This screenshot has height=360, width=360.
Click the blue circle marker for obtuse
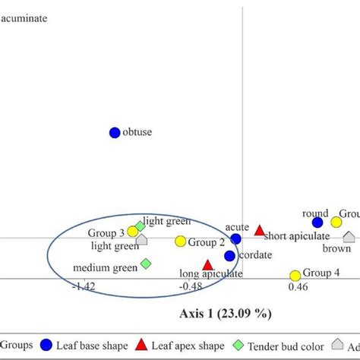(x=115, y=132)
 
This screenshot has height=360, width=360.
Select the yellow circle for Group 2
(x=180, y=242)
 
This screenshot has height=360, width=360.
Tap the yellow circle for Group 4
(x=295, y=276)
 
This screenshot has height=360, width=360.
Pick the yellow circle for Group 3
(x=132, y=231)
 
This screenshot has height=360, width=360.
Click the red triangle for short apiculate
(x=259, y=230)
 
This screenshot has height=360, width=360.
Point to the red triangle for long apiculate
(x=207, y=265)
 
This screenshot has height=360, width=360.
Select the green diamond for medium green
(x=146, y=264)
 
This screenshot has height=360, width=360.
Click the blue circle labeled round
(x=317, y=223)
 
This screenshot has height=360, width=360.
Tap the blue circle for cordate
(x=229, y=256)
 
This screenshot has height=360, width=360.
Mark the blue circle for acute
(x=235, y=238)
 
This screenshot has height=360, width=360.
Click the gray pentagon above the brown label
(x=349, y=237)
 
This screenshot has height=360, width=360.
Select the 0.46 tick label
(x=298, y=287)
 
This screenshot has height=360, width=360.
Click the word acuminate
(x=24, y=17)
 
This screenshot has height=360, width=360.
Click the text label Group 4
(x=321, y=272)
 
